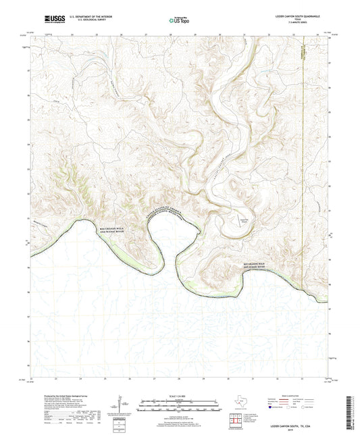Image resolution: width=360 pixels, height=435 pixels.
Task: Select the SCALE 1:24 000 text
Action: click(179, 394)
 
